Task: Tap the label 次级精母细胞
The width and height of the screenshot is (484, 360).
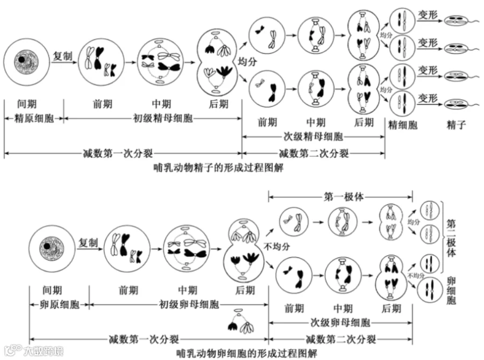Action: pyautogui.click(x=315, y=136)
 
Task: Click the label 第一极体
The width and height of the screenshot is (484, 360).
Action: pyautogui.click(x=341, y=196)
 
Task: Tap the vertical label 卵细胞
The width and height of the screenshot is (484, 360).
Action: pyautogui.click(x=451, y=291)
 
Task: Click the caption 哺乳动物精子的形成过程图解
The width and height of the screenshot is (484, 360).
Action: pyautogui.click(x=218, y=168)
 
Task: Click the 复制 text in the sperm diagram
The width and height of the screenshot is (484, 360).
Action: pyautogui.click(x=63, y=56)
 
